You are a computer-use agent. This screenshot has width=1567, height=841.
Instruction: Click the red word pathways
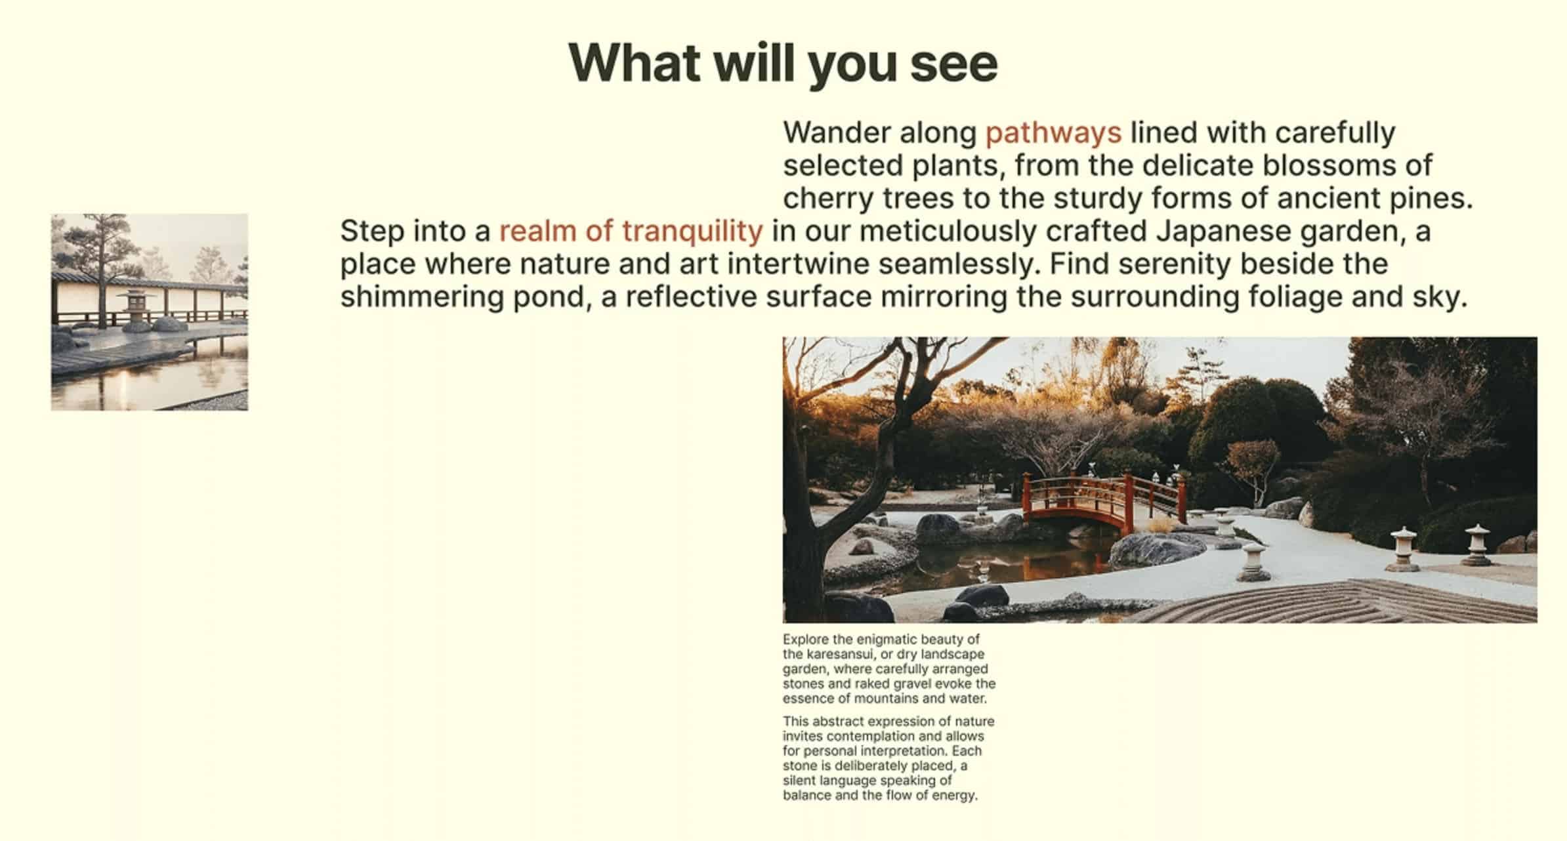click(1053, 133)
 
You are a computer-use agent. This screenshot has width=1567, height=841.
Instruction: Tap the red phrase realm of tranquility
click(631, 232)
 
